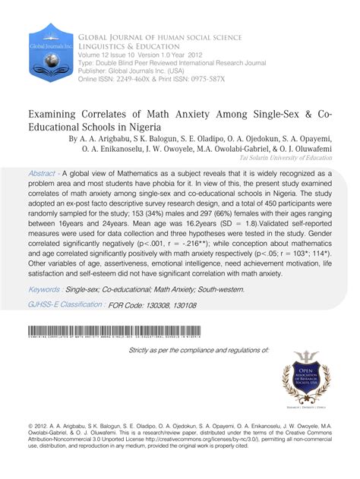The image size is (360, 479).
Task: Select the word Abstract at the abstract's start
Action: tap(46, 172)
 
